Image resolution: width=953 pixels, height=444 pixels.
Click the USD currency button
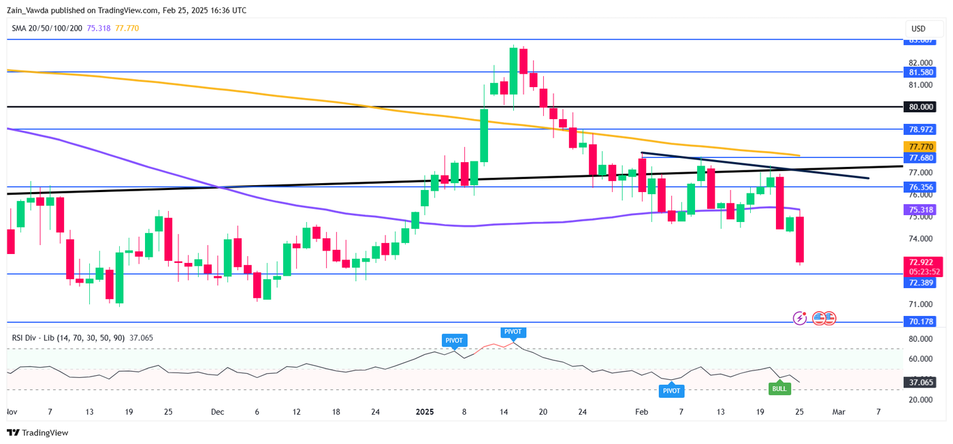tap(918, 29)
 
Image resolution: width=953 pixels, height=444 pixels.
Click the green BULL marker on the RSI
tap(779, 389)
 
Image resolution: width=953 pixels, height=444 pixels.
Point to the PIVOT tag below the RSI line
tap(671, 391)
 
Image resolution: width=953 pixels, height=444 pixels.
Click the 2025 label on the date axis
tap(425, 412)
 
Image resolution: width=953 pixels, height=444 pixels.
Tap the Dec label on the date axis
tap(217, 412)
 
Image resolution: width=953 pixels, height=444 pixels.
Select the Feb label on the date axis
tap(641, 412)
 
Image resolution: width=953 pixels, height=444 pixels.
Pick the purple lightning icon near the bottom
tap(800, 318)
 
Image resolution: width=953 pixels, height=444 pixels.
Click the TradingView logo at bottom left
tap(38, 432)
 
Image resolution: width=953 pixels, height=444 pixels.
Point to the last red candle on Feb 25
tap(800, 240)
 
